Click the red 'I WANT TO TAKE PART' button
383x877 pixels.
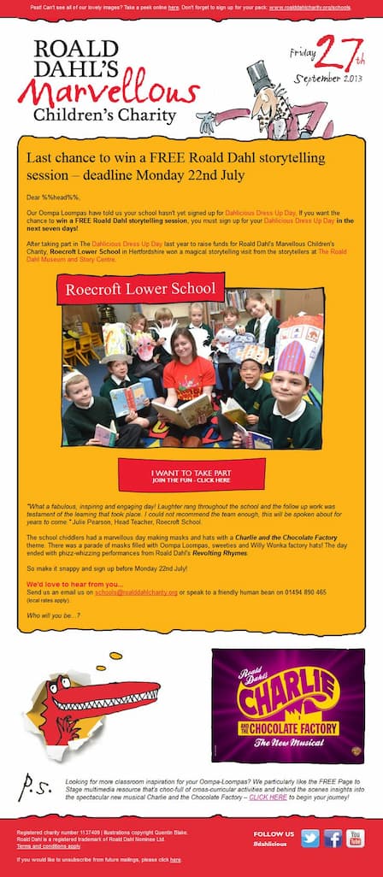[191, 474]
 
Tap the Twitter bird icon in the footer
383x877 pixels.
[310, 838]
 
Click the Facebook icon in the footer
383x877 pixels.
[333, 838]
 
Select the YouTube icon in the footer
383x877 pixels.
[355, 838]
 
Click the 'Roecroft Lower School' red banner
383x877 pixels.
[141, 289]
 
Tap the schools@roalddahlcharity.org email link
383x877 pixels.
[136, 592]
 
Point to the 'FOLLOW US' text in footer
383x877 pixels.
[273, 833]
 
